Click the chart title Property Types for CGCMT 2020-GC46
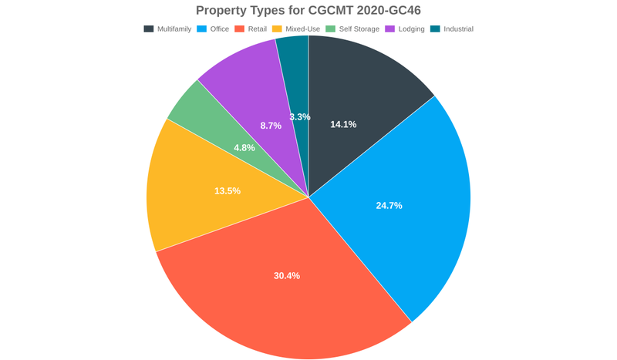point(308,10)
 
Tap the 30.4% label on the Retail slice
point(287,275)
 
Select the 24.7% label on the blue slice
point(389,206)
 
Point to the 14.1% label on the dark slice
point(343,124)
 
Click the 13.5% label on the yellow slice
point(228,190)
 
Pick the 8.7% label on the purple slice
point(271,125)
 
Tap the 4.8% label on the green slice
point(244,147)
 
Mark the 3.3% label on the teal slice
point(300,117)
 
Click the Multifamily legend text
point(174,29)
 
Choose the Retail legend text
point(258,29)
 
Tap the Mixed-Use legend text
point(302,29)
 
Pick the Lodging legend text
point(411,29)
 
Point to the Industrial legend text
point(458,29)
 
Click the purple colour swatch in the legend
point(390,29)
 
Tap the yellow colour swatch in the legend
point(278,29)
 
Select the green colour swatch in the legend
point(331,29)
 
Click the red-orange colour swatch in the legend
point(240,29)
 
